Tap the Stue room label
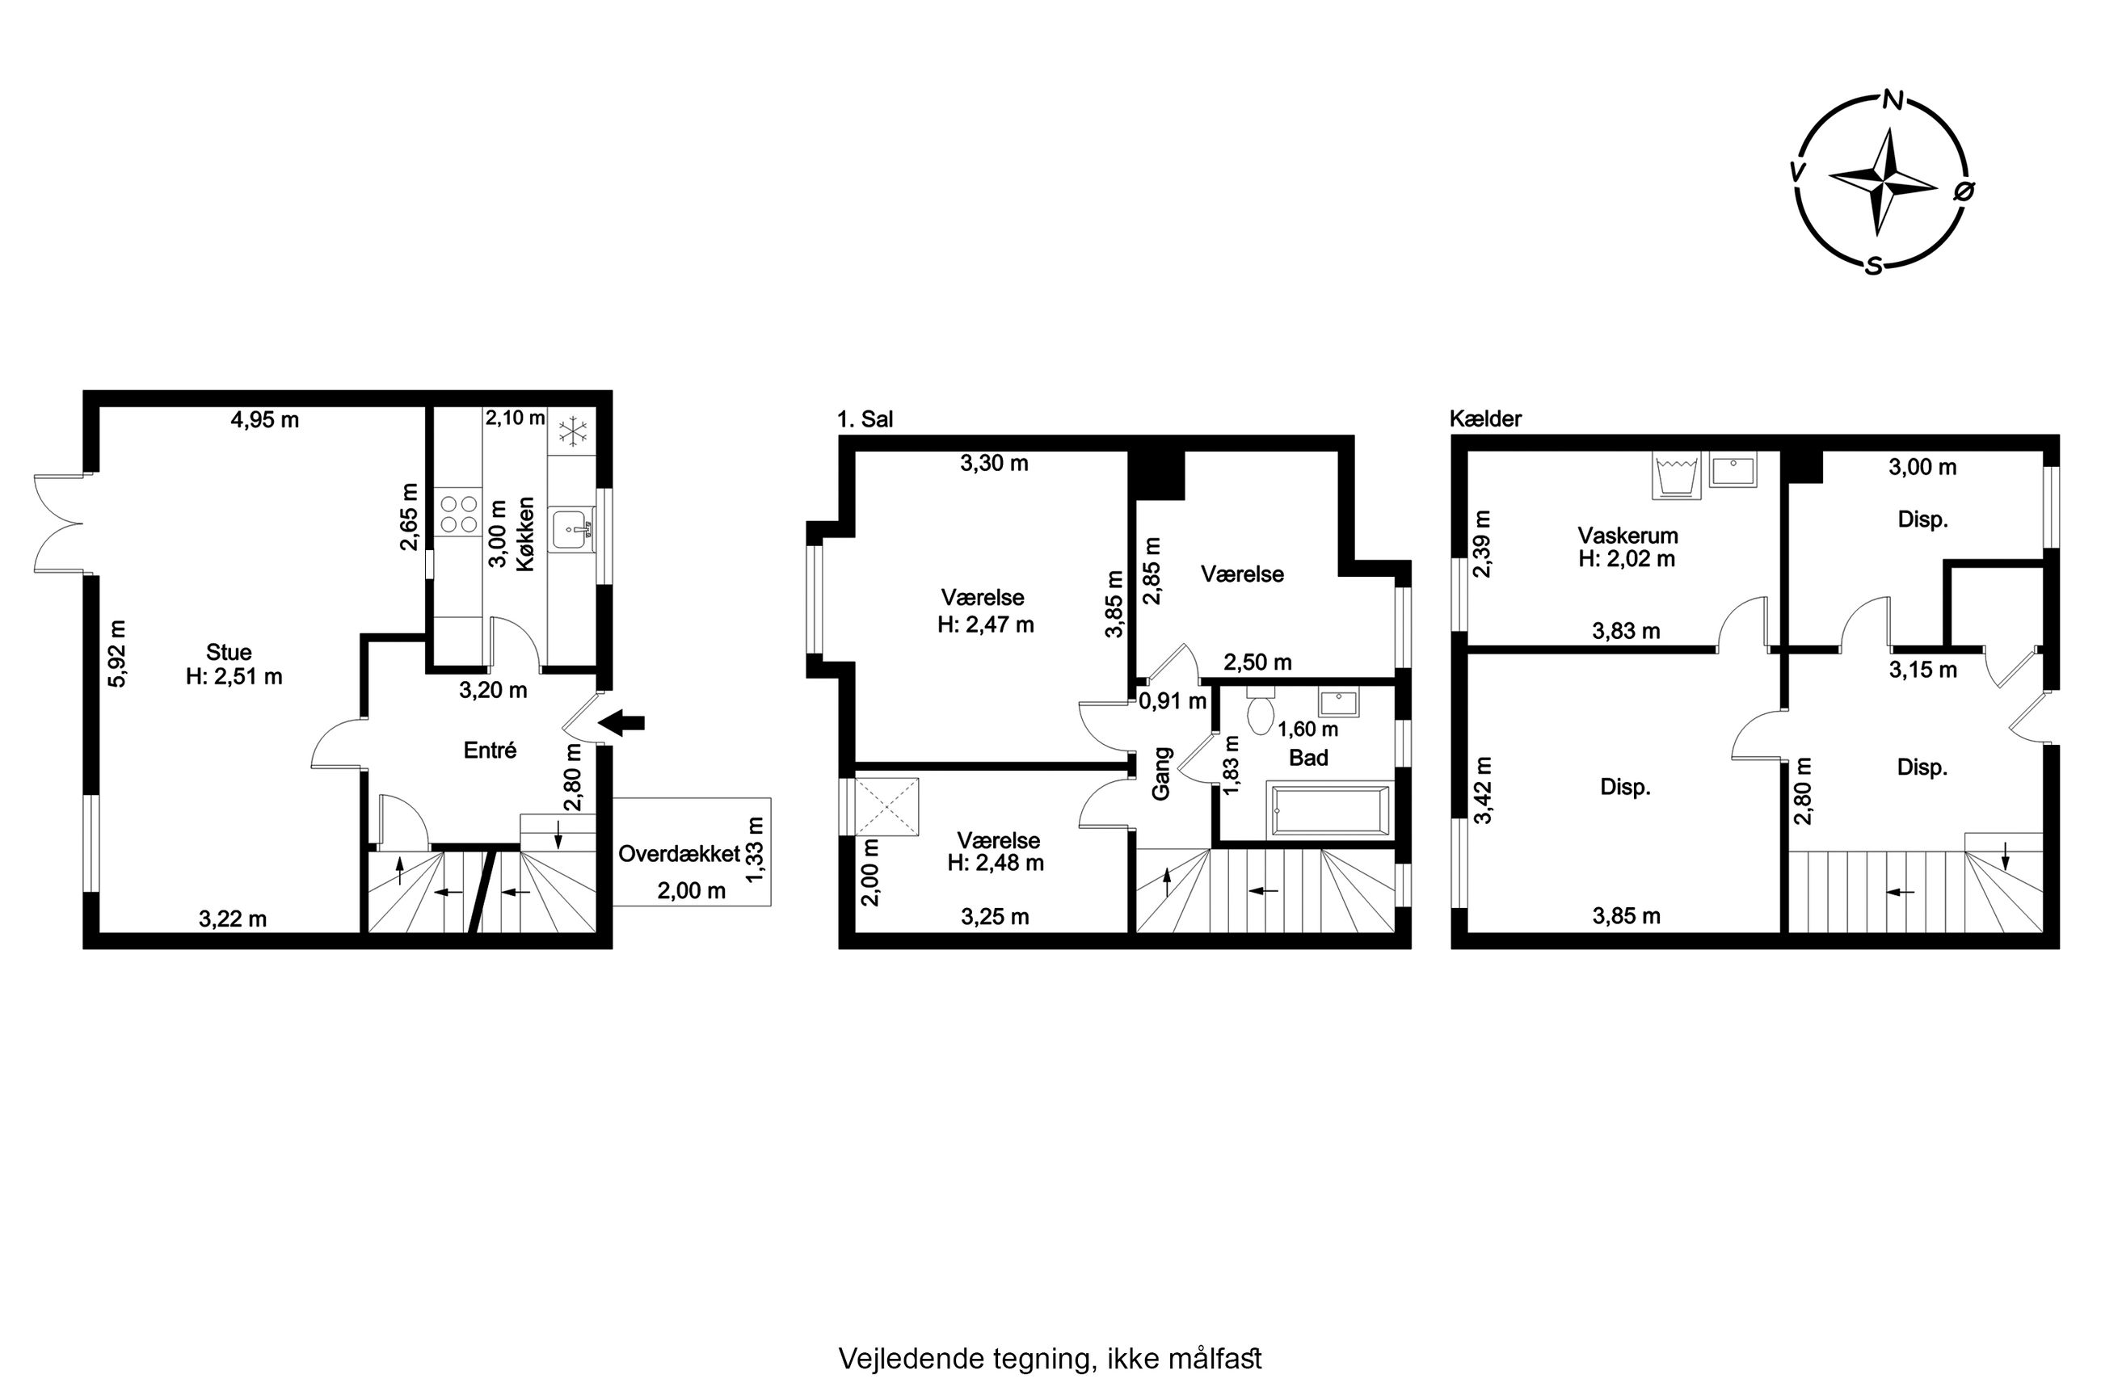click(229, 652)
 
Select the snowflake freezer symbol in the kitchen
click(572, 432)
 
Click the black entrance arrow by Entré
click(621, 722)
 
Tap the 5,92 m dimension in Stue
click(117, 654)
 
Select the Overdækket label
click(679, 854)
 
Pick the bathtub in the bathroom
click(1328, 811)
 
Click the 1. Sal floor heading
click(865, 418)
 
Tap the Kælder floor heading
click(1486, 418)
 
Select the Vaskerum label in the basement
click(1627, 536)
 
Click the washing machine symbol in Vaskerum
click(1675, 474)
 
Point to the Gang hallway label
click(1160, 773)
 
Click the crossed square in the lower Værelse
click(886, 807)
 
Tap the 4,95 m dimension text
click(265, 419)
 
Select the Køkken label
click(524, 534)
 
